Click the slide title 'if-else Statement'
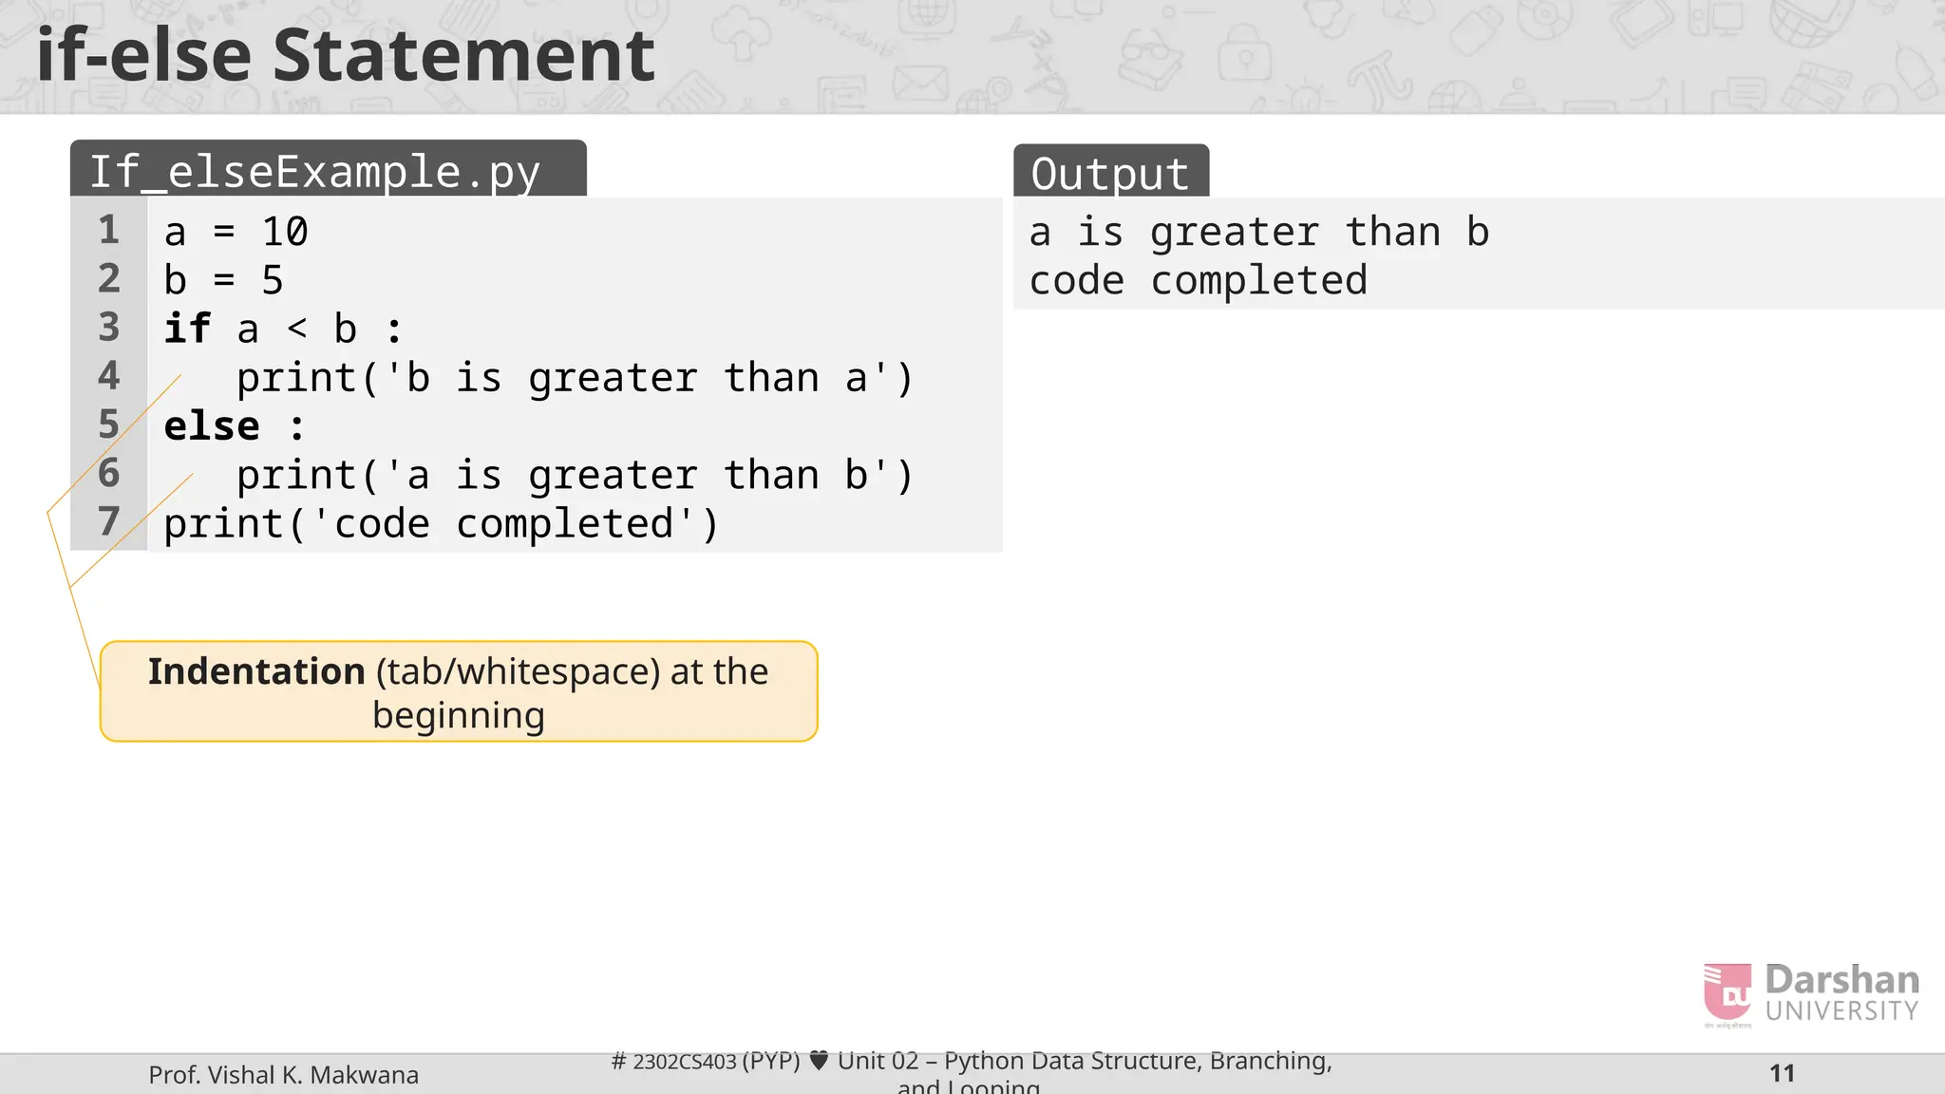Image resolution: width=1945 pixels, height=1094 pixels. [x=346, y=55]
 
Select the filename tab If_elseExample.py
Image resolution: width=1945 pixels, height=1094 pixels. [x=315, y=172]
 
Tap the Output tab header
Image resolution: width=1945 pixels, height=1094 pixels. [x=1109, y=174]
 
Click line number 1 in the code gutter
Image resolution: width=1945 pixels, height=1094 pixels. [x=109, y=231]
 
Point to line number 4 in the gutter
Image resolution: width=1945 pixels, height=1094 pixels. [x=109, y=376]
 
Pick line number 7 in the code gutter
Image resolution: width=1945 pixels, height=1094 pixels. [x=109, y=521]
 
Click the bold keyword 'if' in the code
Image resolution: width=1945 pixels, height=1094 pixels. [x=187, y=330]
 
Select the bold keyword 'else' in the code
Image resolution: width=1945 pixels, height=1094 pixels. [x=211, y=426]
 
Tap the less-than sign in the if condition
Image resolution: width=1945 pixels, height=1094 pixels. [x=297, y=330]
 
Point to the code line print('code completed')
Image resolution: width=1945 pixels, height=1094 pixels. [x=441, y=524]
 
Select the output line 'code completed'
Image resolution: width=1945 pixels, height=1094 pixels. [x=1198, y=281]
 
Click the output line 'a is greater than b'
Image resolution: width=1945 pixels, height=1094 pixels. [x=1258, y=233]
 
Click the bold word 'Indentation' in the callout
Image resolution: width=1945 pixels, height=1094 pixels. [x=256, y=671]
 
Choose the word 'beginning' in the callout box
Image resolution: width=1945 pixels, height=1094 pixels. [x=459, y=716]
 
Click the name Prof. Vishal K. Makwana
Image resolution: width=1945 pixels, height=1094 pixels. [x=283, y=1075]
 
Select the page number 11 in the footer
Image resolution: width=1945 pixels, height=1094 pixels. [x=1782, y=1074]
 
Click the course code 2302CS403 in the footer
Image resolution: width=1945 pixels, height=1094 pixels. [x=684, y=1062]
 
